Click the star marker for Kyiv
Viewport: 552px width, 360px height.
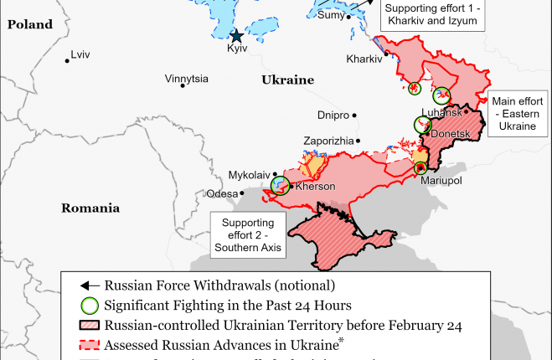pyautogui.click(x=237, y=35)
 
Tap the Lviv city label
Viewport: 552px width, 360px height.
pyautogui.click(x=80, y=55)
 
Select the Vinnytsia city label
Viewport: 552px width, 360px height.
pyautogui.click(x=187, y=80)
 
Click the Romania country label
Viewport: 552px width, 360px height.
pyautogui.click(x=90, y=208)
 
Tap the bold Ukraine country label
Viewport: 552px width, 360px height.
pyautogui.click(x=287, y=80)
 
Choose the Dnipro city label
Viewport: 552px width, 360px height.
pyautogui.click(x=334, y=116)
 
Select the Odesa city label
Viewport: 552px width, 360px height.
pyautogui.click(x=222, y=193)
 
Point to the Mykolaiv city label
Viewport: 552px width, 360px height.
pyautogui.click(x=250, y=175)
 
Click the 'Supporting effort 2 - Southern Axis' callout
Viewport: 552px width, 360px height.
pyautogui.click(x=247, y=235)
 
